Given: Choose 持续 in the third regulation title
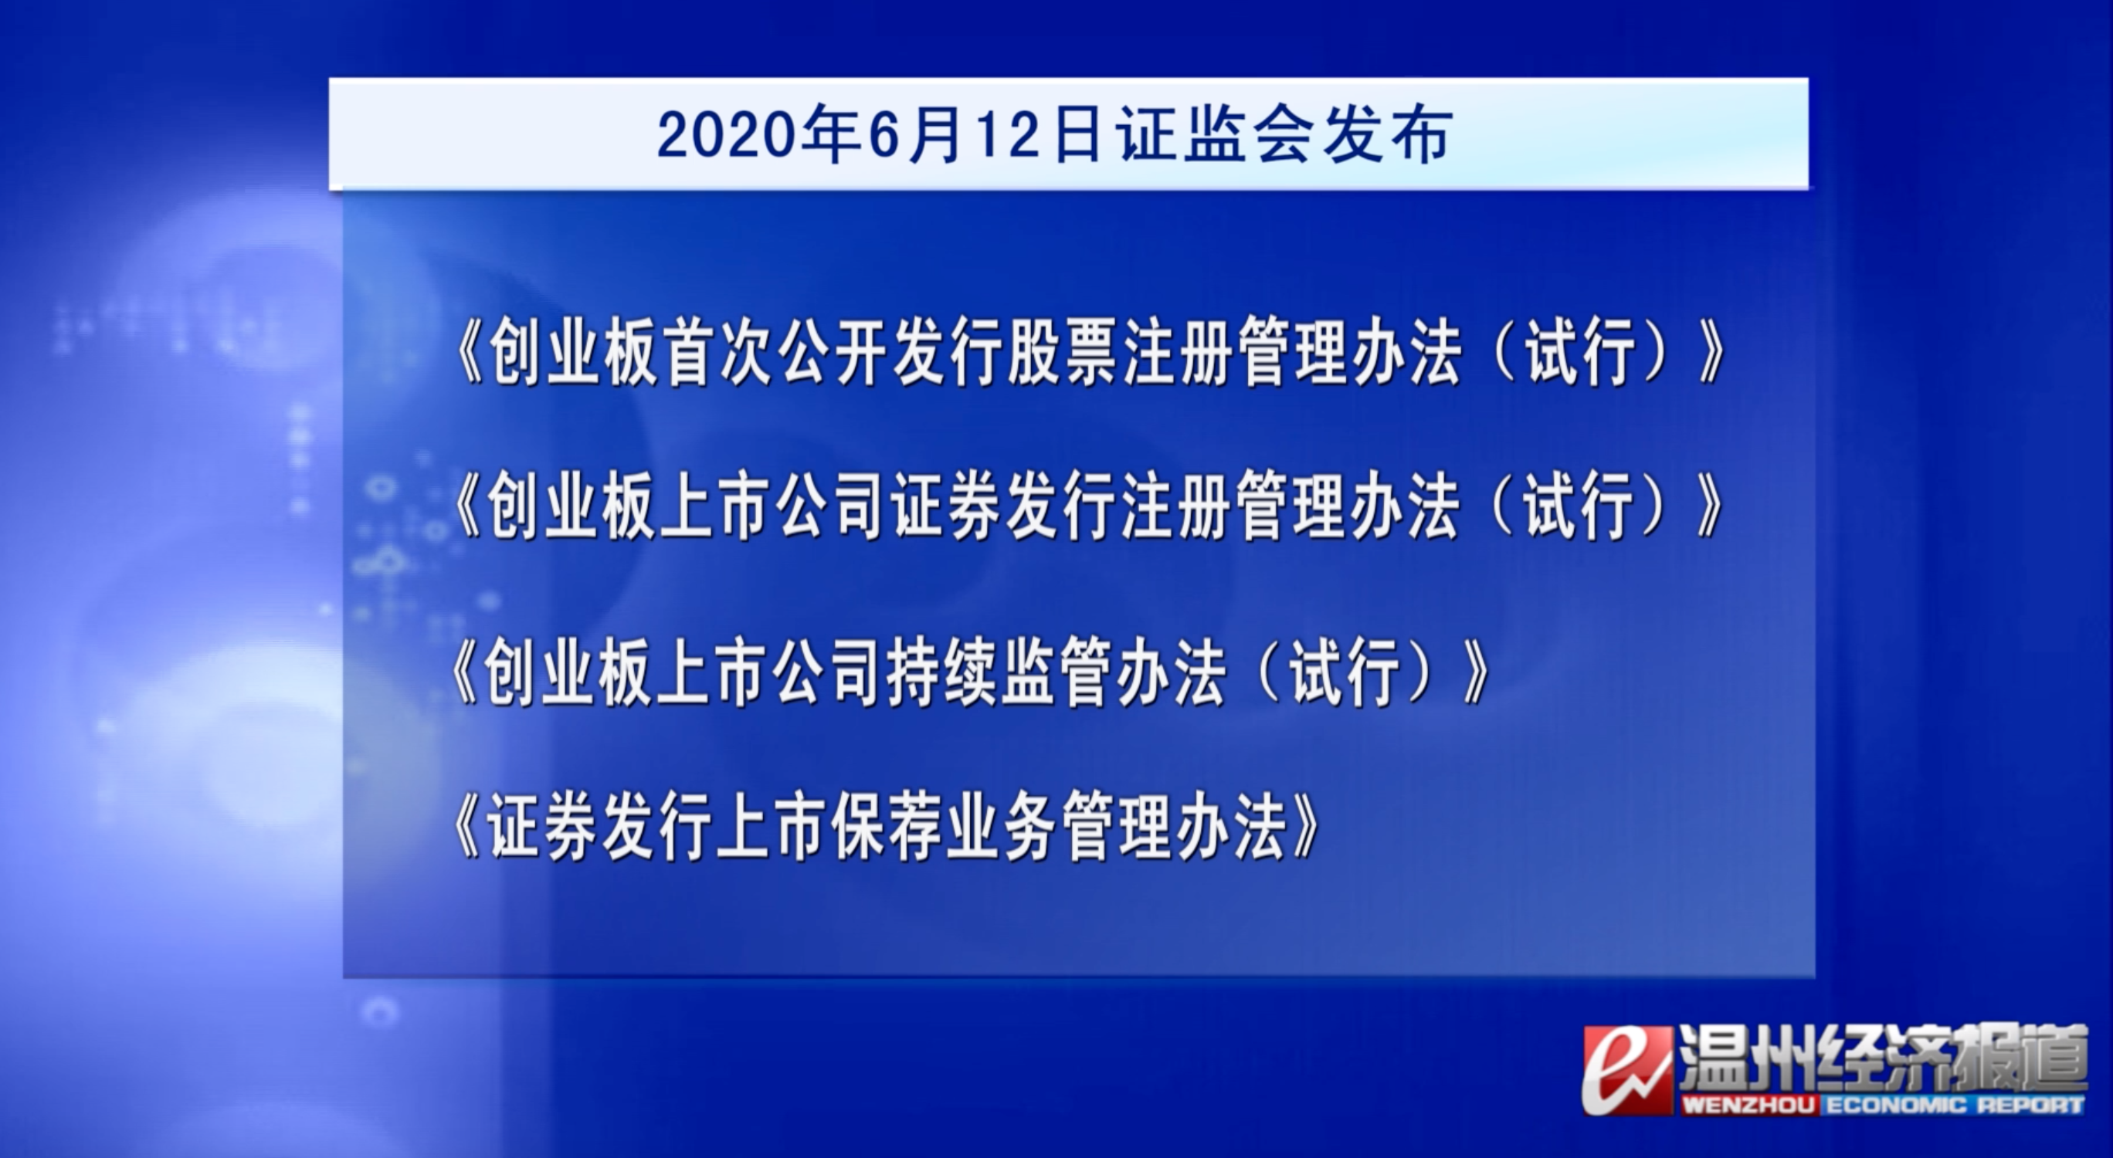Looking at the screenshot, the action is click(x=942, y=676).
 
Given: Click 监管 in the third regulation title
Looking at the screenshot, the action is click(x=1056, y=676).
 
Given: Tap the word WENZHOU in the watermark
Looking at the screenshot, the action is click(x=1748, y=1106).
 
